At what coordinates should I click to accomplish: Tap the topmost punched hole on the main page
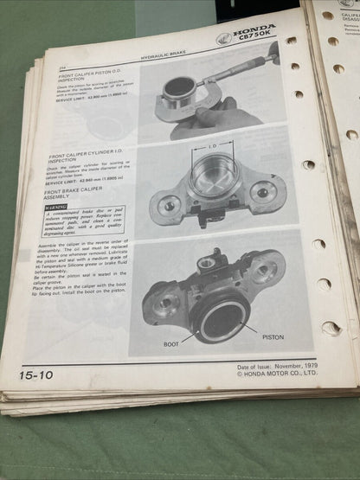[291, 40]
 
